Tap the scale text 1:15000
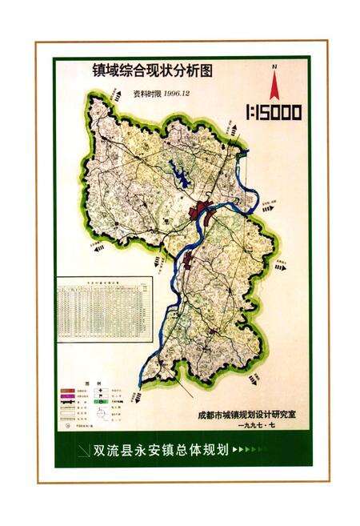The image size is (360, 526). click(273, 113)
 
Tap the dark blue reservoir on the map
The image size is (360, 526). click(179, 179)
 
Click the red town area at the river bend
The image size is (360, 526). click(201, 212)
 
